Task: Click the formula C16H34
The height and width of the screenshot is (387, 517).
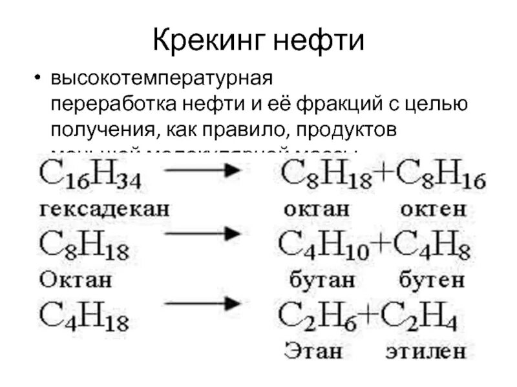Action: [x=90, y=175]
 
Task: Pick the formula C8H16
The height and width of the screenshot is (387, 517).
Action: [x=440, y=175]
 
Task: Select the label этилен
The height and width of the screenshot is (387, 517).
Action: [x=426, y=352]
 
